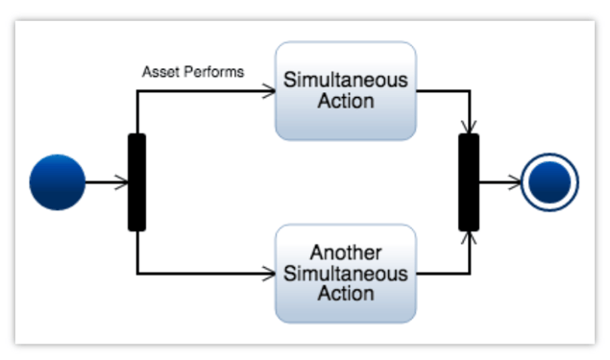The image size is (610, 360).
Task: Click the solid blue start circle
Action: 58,182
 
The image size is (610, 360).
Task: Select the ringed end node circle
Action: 549,182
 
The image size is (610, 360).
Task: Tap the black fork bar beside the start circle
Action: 137,182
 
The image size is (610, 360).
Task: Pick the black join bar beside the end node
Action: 469,182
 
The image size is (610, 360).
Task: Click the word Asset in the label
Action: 159,72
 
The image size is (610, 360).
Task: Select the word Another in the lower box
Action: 346,253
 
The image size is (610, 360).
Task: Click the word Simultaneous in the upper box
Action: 346,80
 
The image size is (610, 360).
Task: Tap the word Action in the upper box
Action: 346,100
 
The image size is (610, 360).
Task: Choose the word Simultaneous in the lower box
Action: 346,274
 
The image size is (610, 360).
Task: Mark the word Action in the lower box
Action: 346,293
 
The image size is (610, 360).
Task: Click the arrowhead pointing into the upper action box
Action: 269,92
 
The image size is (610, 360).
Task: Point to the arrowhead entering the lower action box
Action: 269,274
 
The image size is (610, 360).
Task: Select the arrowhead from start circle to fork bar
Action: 122,182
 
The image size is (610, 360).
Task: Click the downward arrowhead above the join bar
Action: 470,128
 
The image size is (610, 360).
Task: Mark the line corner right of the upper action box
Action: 470,92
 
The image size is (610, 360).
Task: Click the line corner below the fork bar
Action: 137,274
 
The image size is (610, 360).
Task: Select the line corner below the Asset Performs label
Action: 137,92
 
